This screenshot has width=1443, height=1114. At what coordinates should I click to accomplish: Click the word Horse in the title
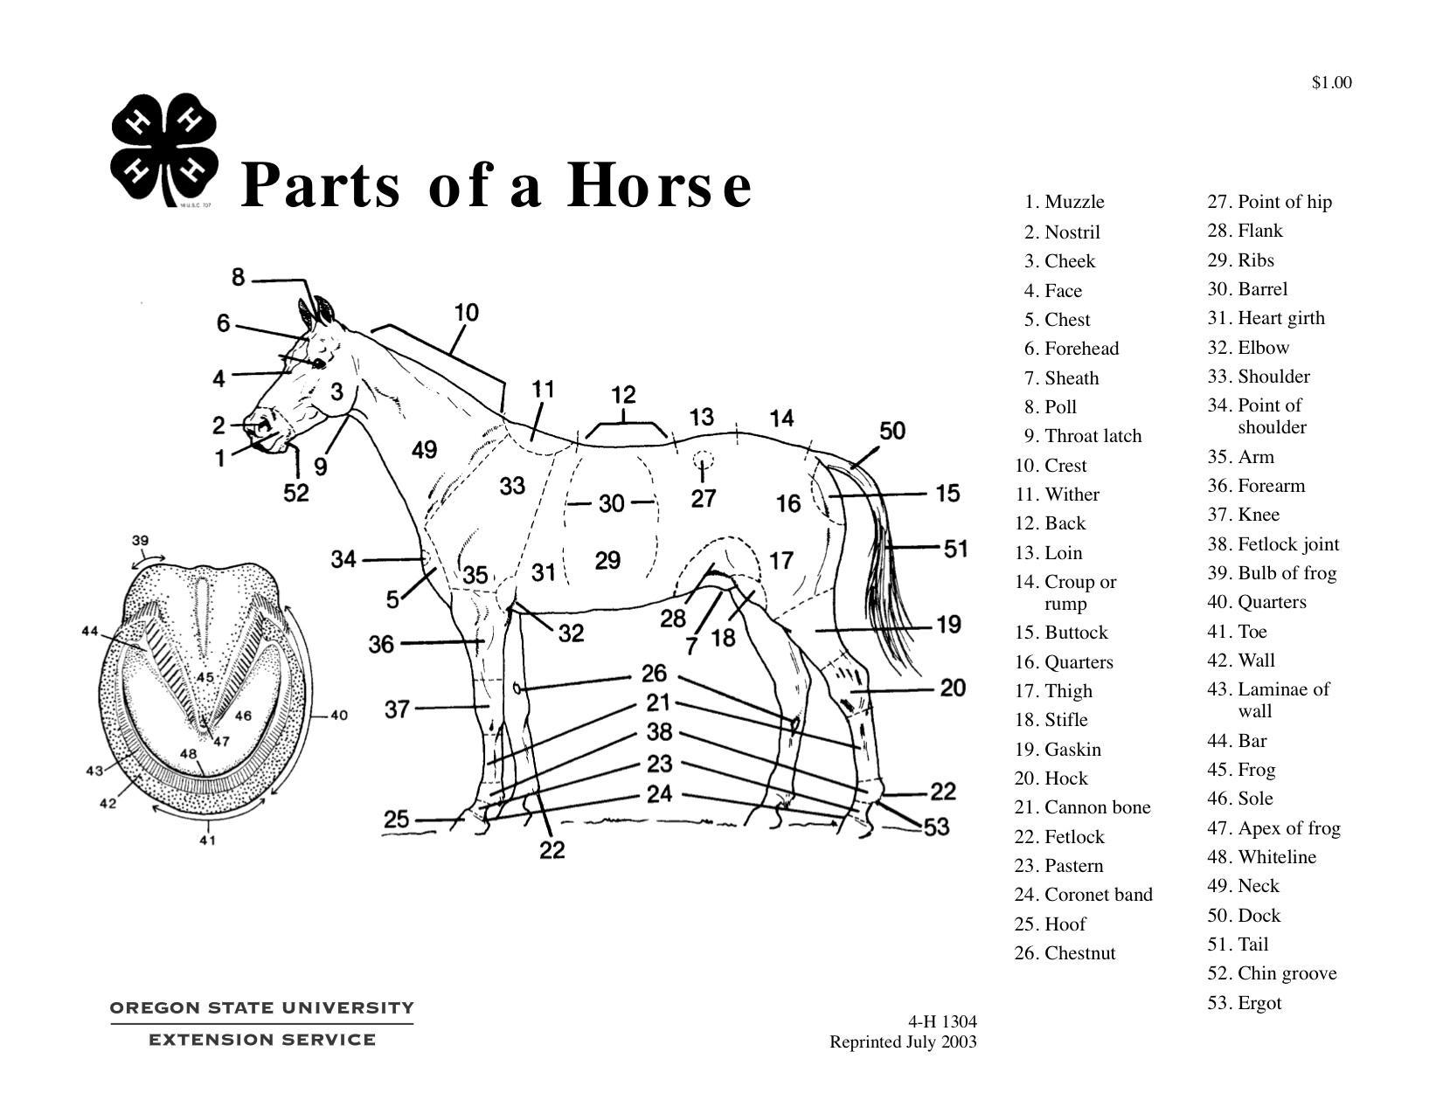(x=659, y=185)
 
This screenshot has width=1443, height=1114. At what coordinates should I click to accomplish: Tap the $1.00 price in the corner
(x=1331, y=83)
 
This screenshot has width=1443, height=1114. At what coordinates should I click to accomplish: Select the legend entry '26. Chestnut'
(x=1065, y=953)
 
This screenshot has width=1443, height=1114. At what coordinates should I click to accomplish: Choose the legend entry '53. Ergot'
(x=1245, y=1003)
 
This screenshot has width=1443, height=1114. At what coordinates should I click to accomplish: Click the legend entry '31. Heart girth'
(x=1266, y=318)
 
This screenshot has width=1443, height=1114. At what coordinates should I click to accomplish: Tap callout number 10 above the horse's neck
(x=467, y=312)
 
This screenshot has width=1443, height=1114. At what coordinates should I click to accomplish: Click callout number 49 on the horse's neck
(x=424, y=450)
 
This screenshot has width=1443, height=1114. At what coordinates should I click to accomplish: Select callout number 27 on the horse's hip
(x=704, y=499)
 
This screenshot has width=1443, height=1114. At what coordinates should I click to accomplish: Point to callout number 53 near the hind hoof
(x=936, y=827)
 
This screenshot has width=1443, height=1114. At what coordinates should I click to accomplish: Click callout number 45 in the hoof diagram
(x=205, y=677)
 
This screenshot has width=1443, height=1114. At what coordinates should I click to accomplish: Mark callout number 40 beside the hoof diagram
(x=339, y=716)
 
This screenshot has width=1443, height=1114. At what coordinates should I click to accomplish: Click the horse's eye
(x=318, y=363)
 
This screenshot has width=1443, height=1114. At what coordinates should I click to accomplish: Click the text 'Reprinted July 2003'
(x=903, y=1042)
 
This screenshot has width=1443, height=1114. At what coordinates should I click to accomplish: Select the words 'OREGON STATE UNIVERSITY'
(x=261, y=1008)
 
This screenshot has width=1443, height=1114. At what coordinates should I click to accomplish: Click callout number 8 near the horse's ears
(x=238, y=278)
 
